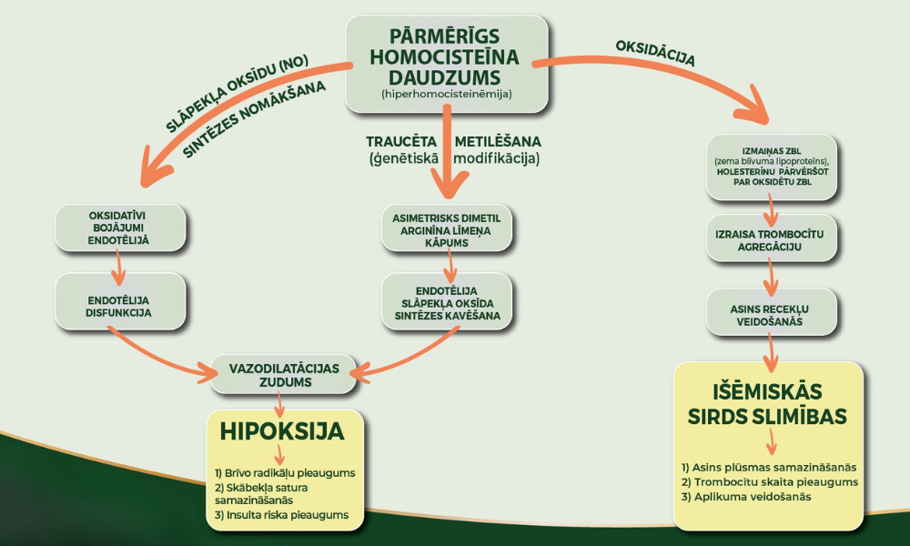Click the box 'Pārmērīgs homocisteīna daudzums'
coord(446,64)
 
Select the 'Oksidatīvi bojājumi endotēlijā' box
coord(120,227)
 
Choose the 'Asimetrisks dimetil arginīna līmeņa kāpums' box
coord(446,227)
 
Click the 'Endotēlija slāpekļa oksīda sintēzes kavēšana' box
coord(446,301)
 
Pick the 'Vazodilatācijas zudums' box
coord(283,374)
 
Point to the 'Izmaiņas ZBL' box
coord(772,167)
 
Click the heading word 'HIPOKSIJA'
coord(282,431)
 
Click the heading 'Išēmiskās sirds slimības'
coord(767,404)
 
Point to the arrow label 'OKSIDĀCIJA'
coord(655,54)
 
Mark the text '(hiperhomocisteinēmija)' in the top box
coord(446,94)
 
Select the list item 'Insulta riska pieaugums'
coord(281,515)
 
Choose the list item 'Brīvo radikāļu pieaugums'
coord(285,473)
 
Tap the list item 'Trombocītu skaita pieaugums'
coord(770,482)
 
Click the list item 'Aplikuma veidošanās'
coord(746,497)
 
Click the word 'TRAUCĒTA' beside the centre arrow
coord(401,142)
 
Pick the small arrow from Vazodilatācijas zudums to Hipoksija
coord(279,404)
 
